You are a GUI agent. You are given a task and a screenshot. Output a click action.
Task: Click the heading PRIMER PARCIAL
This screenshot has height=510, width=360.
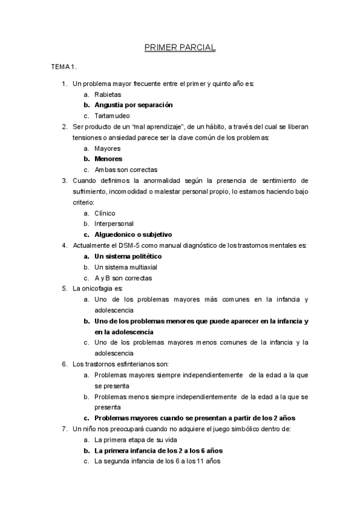tap(180, 46)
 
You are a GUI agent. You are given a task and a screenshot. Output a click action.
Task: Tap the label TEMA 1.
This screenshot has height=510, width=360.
tap(64, 67)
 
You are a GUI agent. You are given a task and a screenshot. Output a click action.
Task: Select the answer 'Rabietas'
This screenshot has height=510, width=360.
tap(108, 94)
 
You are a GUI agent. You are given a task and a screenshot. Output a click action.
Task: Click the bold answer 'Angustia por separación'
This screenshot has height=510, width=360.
tap(133, 105)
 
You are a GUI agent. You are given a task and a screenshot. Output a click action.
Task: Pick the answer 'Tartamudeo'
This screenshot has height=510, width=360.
tap(112, 115)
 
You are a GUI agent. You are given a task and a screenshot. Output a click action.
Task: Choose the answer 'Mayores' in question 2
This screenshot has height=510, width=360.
tap(108, 148)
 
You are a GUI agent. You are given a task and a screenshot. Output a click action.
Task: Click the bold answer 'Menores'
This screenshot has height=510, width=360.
tap(108, 159)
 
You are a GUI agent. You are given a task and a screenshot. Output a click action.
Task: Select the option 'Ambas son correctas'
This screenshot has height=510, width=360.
tap(126, 170)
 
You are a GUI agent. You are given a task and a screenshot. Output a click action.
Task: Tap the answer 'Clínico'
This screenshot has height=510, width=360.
tap(105, 213)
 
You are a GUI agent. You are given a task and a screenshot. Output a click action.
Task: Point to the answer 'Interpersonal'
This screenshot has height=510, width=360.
tap(114, 224)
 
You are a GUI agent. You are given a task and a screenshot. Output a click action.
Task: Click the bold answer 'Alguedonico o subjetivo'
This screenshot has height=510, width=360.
tap(133, 235)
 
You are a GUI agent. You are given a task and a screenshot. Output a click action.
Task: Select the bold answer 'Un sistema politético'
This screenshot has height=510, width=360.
tap(128, 256)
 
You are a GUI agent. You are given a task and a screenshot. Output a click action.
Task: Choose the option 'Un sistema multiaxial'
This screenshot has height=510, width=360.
tap(127, 267)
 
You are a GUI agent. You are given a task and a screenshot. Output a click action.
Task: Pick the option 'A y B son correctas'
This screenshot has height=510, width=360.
tap(123, 278)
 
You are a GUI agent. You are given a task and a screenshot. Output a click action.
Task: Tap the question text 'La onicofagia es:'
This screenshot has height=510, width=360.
tap(97, 289)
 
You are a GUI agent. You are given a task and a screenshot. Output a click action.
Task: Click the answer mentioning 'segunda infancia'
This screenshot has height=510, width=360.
tap(157, 461)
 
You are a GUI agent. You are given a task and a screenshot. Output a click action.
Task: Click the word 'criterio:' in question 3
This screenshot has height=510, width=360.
tap(85, 202)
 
